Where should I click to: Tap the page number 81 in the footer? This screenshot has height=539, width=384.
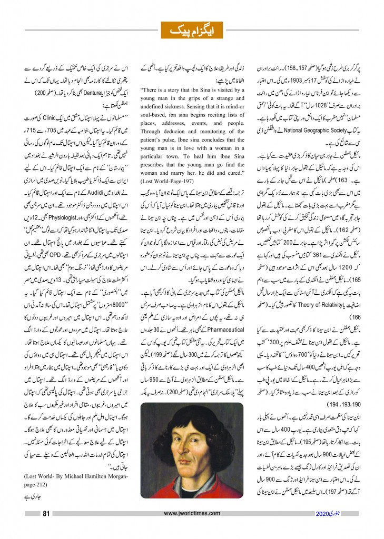[46, 514]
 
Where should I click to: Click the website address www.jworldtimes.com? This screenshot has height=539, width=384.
[192, 514]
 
